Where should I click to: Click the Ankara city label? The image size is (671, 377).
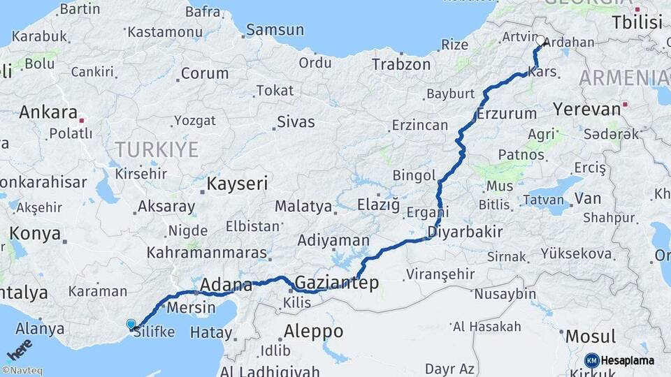48,112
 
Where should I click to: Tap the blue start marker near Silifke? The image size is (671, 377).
131,324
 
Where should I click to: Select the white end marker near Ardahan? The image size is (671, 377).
540,41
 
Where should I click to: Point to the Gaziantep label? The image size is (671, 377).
336,283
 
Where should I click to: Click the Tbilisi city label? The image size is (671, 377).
636,22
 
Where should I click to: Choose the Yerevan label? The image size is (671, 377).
586,110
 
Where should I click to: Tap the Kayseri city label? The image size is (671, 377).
238,184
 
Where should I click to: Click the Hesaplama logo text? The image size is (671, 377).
628,360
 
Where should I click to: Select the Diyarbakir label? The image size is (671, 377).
465,232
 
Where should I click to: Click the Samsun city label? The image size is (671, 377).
275,30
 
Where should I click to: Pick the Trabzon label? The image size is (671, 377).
401,64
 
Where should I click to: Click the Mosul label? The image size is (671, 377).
591,336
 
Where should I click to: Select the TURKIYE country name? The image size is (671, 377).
157,149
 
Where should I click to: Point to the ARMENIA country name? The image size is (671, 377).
624,78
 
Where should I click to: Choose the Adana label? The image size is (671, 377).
226,285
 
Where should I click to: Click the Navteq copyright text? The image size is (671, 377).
22,371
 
